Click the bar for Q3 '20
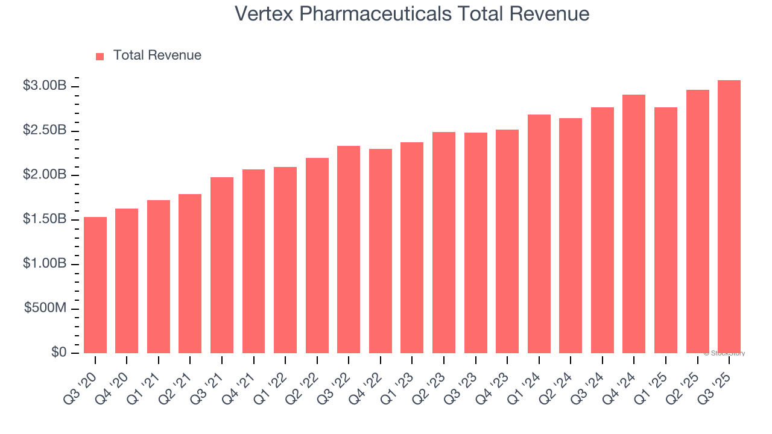95,285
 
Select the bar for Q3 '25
729,216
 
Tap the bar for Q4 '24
634,224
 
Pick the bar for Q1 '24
539,234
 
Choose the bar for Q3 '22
349,250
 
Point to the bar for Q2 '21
190,274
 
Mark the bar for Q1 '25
666,230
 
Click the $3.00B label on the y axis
45,86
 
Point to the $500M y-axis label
45,308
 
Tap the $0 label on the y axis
59,353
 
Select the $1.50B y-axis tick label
45,219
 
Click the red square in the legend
100,56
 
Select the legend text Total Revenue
157,55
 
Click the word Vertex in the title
264,13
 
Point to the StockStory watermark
724,353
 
